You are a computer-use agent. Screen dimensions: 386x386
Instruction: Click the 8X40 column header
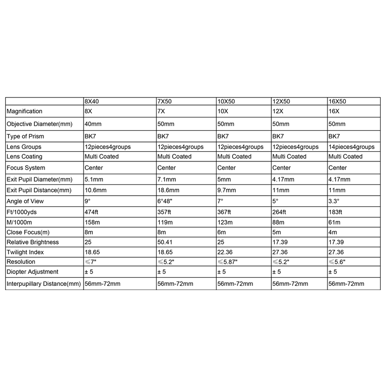92,101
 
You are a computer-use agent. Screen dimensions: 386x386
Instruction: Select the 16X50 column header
337,101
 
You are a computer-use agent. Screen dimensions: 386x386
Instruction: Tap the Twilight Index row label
25,251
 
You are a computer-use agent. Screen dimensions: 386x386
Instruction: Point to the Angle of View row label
25,202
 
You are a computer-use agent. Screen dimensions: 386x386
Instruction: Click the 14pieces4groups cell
351,146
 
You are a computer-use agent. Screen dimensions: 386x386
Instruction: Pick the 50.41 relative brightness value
165,242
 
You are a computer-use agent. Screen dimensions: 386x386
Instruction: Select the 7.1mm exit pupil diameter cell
166,179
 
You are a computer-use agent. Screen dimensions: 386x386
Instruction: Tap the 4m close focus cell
332,232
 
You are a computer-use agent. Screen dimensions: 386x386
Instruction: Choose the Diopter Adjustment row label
32,272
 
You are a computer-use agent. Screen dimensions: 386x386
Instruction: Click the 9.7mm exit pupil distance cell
226,190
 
